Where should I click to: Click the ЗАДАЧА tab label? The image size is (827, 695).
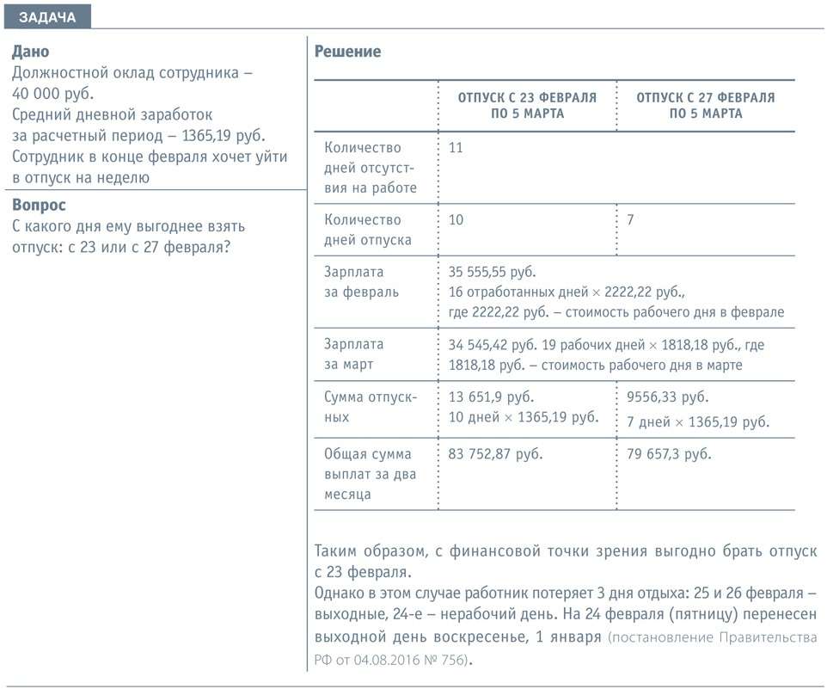click(46, 17)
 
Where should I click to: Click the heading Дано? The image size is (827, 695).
click(31, 52)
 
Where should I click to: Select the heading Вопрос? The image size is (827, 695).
click(40, 205)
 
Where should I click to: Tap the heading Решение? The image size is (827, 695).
click(347, 52)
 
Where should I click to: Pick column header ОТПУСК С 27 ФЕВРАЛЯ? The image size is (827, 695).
click(705, 105)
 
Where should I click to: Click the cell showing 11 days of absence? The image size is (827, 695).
click(456, 148)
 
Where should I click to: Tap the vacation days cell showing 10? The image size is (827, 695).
click(456, 220)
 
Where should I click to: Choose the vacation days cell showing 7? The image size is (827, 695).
click(630, 220)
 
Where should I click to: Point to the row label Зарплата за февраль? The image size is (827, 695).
click(361, 281)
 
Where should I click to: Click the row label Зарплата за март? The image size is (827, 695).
click(354, 354)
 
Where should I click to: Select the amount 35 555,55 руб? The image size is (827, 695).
click(492, 272)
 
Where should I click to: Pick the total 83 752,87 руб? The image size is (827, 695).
click(495, 454)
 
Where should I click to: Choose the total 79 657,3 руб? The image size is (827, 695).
click(669, 454)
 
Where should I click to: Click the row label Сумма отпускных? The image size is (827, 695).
click(371, 407)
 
